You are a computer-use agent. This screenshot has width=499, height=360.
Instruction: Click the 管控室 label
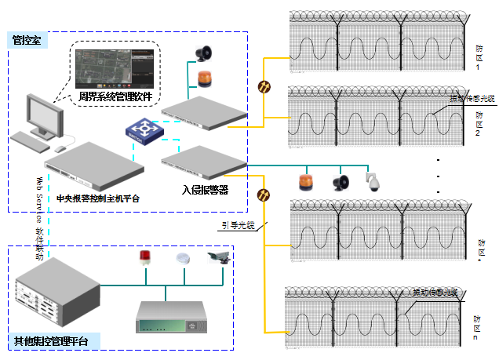26,40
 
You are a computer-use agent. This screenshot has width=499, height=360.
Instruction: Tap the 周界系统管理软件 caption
115,97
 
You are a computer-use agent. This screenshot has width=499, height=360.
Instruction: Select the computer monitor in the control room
45,116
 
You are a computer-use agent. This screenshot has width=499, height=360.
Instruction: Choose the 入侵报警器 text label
205,189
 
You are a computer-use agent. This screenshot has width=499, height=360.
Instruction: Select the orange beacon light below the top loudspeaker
204,78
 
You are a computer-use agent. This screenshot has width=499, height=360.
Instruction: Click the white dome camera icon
373,182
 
